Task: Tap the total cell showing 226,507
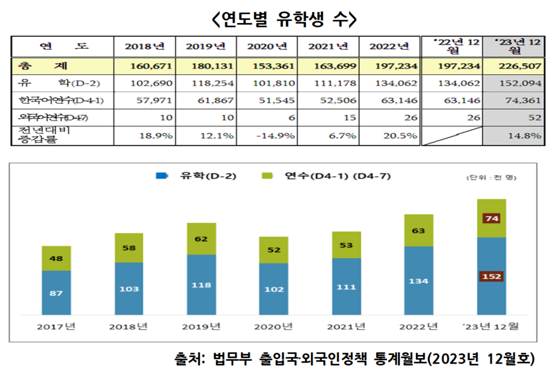click(517, 67)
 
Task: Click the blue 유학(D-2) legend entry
click(187, 176)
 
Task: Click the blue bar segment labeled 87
click(56, 293)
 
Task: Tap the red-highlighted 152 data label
click(491, 276)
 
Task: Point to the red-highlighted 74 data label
click(491, 218)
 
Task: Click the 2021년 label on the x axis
click(346, 327)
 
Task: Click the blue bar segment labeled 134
click(419, 281)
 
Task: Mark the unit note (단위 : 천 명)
click(491, 178)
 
